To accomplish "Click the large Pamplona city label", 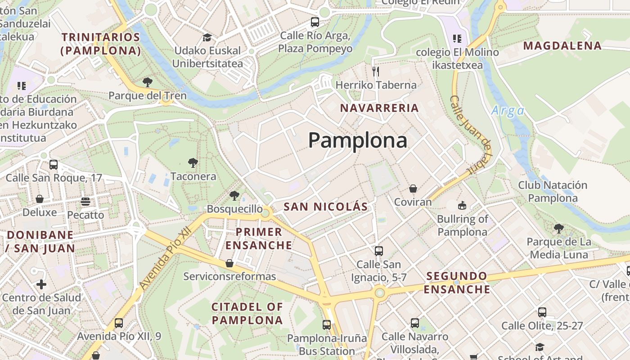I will [358, 140].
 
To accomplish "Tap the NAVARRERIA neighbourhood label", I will [379, 108].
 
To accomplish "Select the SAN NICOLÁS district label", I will [326, 207].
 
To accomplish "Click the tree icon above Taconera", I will [193, 162].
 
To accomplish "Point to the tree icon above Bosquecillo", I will [234, 195].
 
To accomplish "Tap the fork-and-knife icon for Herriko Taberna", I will [376, 71].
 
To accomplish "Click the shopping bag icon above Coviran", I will [413, 189].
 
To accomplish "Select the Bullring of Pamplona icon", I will [462, 206].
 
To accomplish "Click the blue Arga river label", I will [508, 111].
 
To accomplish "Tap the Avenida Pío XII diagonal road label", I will [165, 258].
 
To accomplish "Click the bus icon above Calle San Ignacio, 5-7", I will [379, 251].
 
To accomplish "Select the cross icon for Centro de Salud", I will [41, 284].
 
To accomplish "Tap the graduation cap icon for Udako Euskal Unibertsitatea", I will [207, 37].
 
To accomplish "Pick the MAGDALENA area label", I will [562, 45].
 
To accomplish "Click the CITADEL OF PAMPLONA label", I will [247, 314].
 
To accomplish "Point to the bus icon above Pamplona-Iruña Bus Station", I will [327, 324].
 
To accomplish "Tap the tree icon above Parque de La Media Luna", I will [558, 228].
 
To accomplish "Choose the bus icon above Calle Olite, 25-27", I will [542, 312].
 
